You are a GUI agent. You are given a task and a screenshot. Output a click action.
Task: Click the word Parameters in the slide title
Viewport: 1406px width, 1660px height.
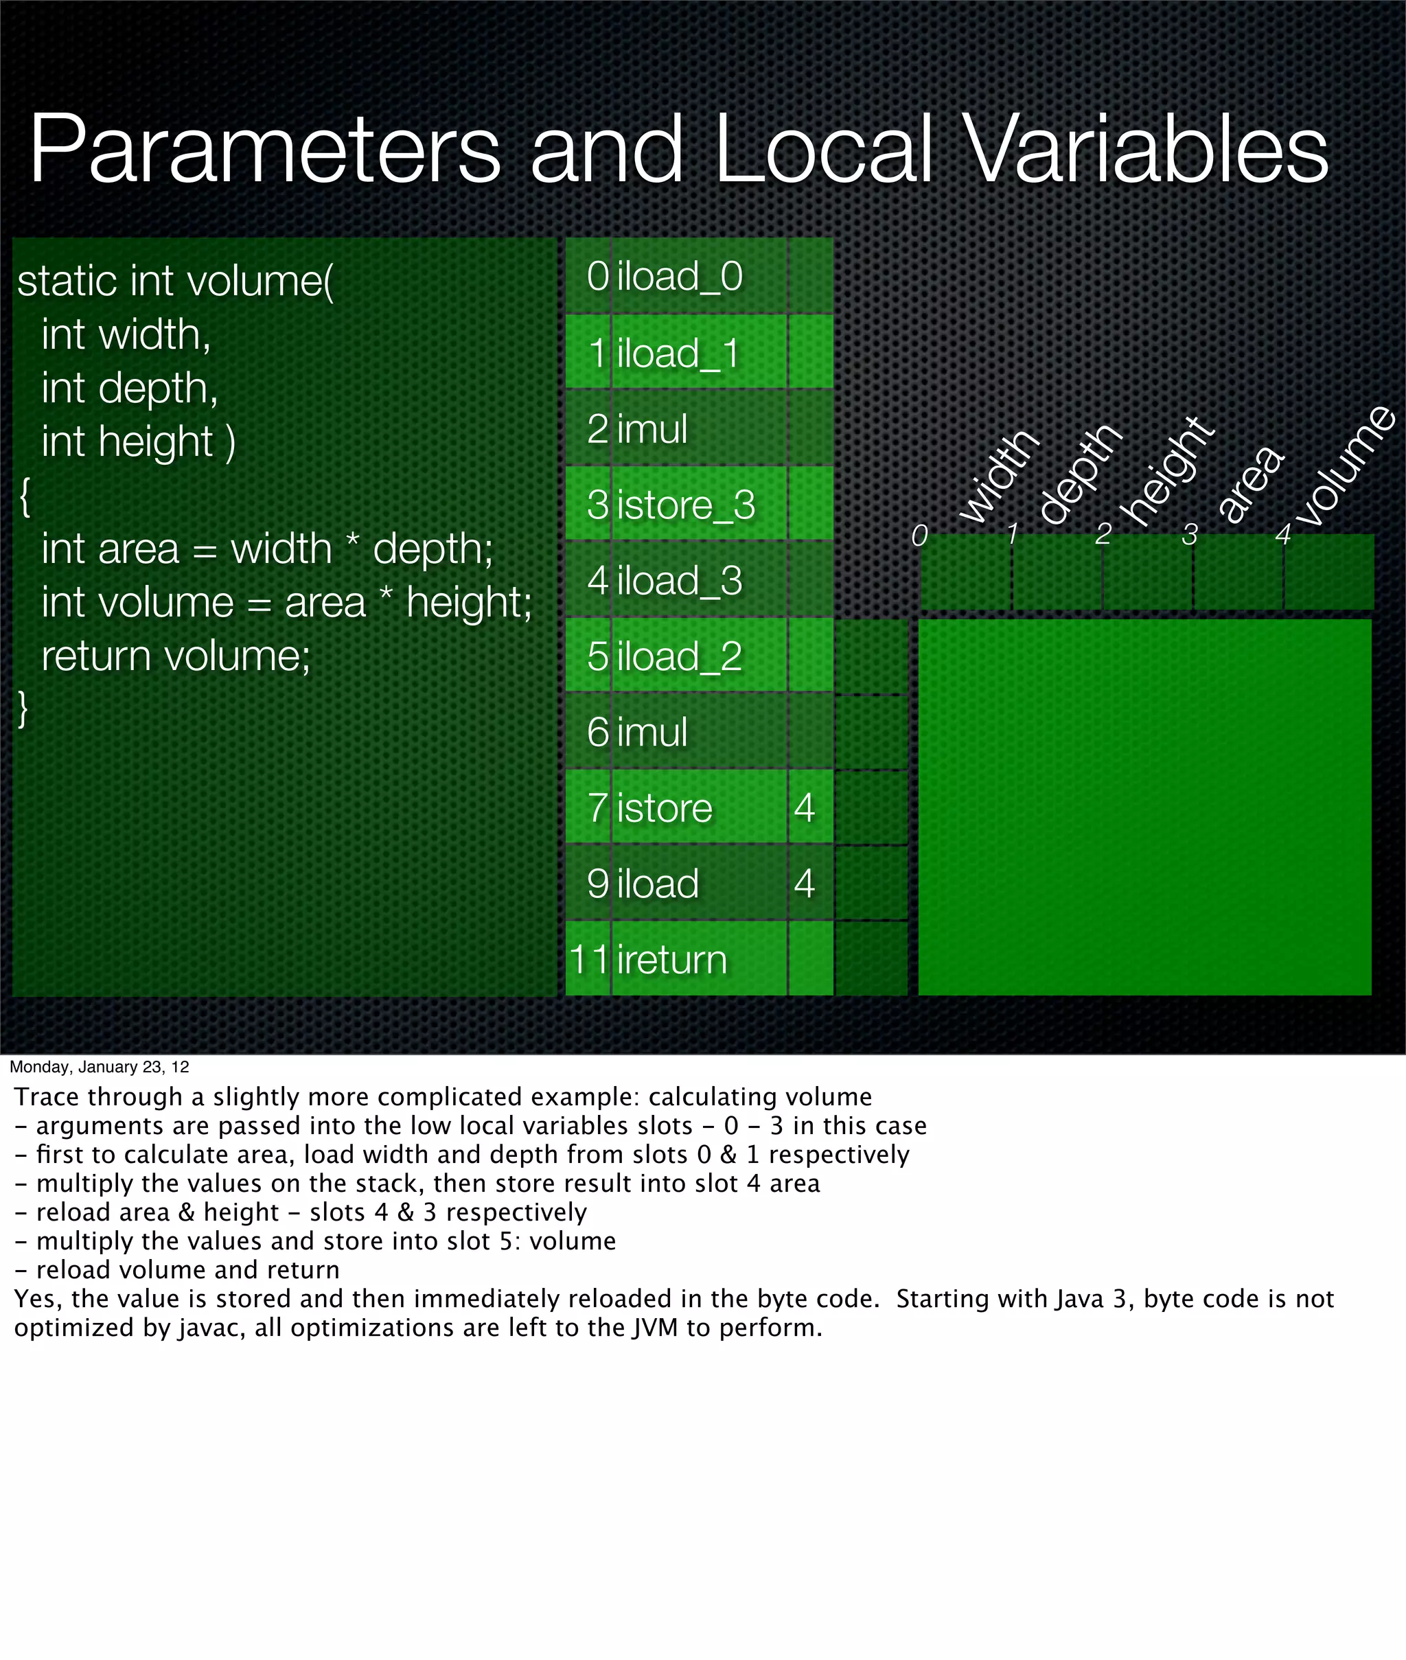(x=264, y=149)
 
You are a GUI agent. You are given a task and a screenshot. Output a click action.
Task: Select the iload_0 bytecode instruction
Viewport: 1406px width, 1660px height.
(x=679, y=277)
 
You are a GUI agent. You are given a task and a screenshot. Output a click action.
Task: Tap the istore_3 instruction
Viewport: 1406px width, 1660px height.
(x=685, y=505)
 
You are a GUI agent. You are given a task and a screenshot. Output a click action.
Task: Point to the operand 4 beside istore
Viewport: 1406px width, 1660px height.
(x=804, y=807)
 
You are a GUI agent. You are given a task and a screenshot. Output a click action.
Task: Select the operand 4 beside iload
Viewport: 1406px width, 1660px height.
(x=804, y=883)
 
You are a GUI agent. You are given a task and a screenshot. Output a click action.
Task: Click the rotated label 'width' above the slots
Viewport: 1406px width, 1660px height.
(x=998, y=476)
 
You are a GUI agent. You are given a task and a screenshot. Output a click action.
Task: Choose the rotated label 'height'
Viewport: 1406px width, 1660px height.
(x=1168, y=472)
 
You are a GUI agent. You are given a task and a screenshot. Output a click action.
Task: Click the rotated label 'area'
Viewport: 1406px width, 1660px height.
(x=1249, y=485)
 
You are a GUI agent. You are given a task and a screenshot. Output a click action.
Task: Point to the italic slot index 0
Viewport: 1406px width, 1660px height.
(x=919, y=535)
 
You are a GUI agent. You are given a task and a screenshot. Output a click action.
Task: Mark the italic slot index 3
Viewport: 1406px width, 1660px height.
(x=1189, y=535)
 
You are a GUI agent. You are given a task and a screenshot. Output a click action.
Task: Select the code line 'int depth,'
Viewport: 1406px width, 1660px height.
(x=129, y=388)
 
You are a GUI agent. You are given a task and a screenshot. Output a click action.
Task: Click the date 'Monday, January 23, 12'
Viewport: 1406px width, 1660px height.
(x=99, y=1067)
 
